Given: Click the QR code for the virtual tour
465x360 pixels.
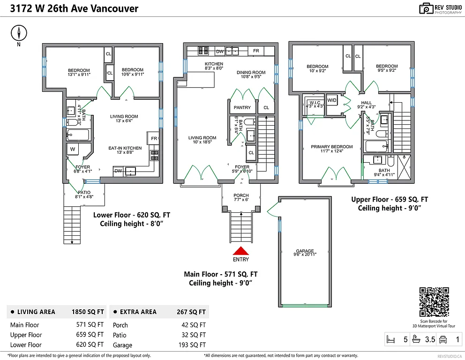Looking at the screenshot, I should click(x=434, y=302).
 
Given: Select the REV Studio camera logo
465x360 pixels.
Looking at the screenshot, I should click(x=426, y=8).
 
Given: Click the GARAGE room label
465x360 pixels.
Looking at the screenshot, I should click(x=305, y=251).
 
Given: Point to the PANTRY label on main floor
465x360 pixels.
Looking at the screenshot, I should click(x=242, y=107).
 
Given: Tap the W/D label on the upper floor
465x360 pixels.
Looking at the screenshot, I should click(x=332, y=100).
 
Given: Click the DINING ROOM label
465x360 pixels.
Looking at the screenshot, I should click(x=251, y=73).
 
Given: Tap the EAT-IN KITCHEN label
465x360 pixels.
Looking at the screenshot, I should click(x=125, y=149).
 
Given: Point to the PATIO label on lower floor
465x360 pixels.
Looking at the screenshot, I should click(x=84, y=192).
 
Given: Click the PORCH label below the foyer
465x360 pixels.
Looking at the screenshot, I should click(x=241, y=195).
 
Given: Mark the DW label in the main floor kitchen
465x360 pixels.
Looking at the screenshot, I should click(x=219, y=51).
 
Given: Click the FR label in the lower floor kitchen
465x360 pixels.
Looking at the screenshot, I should click(x=154, y=138).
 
